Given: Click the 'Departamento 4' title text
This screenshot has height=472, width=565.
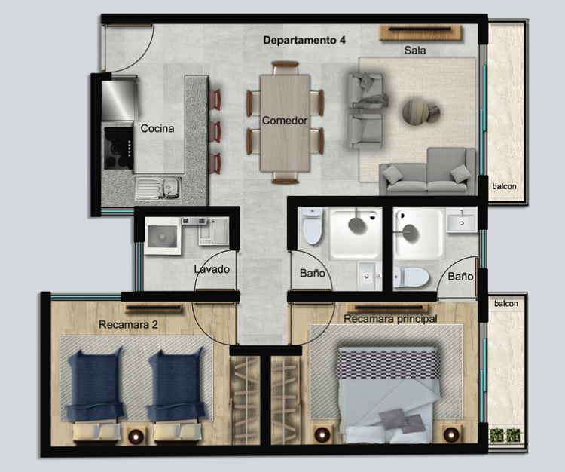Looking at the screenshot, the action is point(304,40).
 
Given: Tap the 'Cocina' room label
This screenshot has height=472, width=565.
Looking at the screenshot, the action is point(157,128).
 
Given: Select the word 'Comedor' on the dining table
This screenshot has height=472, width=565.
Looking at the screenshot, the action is point(285,121).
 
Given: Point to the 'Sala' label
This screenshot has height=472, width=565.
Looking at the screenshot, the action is point(415,50).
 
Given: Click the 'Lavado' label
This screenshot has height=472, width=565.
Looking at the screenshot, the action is point(212,269).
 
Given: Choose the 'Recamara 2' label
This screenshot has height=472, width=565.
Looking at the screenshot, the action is point(128,325).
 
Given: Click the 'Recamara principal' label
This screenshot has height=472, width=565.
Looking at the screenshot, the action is point(390,319).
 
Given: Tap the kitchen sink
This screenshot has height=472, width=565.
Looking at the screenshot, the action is point(158,188).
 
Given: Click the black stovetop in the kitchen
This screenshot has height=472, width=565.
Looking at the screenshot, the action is point(118,148).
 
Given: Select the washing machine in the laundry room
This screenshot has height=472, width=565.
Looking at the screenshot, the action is point(162,236).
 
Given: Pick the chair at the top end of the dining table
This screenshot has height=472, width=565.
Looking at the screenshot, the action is point(286,68).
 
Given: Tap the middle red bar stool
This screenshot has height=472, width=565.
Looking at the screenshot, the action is point(215,132).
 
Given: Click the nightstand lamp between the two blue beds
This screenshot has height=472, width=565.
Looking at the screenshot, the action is point(136,437).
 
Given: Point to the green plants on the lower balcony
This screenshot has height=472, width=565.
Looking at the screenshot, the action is point(506,435).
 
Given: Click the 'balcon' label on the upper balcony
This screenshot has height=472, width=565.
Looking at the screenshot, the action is point(505,186).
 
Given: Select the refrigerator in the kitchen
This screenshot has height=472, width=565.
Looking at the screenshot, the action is point(118,100).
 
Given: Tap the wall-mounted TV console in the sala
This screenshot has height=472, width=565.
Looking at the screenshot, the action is point(420,33).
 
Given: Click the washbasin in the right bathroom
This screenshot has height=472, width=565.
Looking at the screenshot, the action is point(461,222).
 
